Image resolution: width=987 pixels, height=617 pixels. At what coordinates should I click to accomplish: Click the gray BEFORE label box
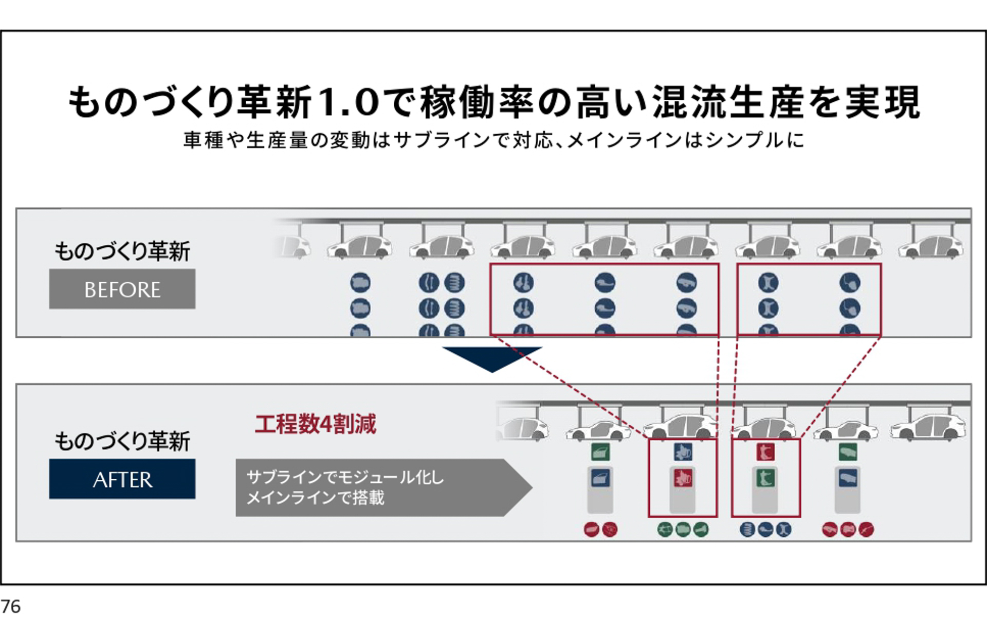pyautogui.click(x=122, y=289)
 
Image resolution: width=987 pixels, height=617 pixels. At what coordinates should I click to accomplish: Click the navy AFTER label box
pyautogui.click(x=122, y=479)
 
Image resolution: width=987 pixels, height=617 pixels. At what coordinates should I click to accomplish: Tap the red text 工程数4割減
pyautogui.click(x=315, y=424)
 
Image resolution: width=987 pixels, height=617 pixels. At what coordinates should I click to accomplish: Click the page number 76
pyautogui.click(x=10, y=606)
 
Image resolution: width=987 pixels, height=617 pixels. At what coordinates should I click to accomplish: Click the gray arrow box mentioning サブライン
pyautogui.click(x=380, y=487)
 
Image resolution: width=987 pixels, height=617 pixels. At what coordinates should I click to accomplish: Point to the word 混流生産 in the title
pyautogui.click(x=727, y=102)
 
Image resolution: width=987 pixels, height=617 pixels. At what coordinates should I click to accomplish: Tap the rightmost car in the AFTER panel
pyautogui.click(x=928, y=428)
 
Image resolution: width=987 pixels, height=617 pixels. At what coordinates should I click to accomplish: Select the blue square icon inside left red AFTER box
pyautogui.click(x=683, y=452)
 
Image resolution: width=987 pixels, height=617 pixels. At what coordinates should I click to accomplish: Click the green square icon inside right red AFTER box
pyautogui.click(x=765, y=478)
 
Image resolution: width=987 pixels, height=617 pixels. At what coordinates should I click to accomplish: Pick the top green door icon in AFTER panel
pyautogui.click(x=600, y=452)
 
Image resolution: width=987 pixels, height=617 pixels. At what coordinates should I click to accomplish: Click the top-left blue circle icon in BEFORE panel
pyautogui.click(x=360, y=282)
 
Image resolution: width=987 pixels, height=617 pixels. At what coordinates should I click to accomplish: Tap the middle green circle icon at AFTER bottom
pyautogui.click(x=683, y=529)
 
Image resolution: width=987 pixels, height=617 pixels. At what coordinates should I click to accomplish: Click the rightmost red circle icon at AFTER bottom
pyautogui.click(x=866, y=529)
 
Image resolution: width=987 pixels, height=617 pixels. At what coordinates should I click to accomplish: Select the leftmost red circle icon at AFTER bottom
pyautogui.click(x=592, y=529)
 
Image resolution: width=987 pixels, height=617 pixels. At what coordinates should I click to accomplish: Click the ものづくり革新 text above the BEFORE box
pyautogui.click(x=122, y=251)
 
